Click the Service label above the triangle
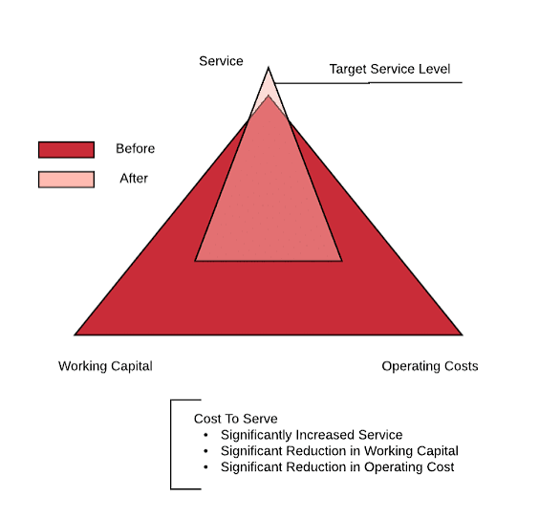[x=221, y=61]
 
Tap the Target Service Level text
[x=390, y=69]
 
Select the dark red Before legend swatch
[x=66, y=150]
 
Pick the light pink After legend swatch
[x=66, y=180]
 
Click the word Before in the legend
[x=136, y=148]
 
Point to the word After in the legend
[x=134, y=179]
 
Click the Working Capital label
[x=105, y=366]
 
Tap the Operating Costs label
[x=430, y=366]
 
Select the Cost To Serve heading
[x=235, y=419]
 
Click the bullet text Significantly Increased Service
[x=312, y=435]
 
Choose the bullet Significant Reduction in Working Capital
[x=339, y=451]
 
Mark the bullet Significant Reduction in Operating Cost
[x=337, y=467]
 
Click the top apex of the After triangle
[x=269, y=67]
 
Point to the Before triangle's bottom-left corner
[x=75, y=335]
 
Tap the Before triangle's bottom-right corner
[x=463, y=335]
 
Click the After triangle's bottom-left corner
[x=195, y=261]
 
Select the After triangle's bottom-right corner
[x=342, y=261]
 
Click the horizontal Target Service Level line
[x=369, y=83]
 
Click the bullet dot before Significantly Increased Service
[x=205, y=435]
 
